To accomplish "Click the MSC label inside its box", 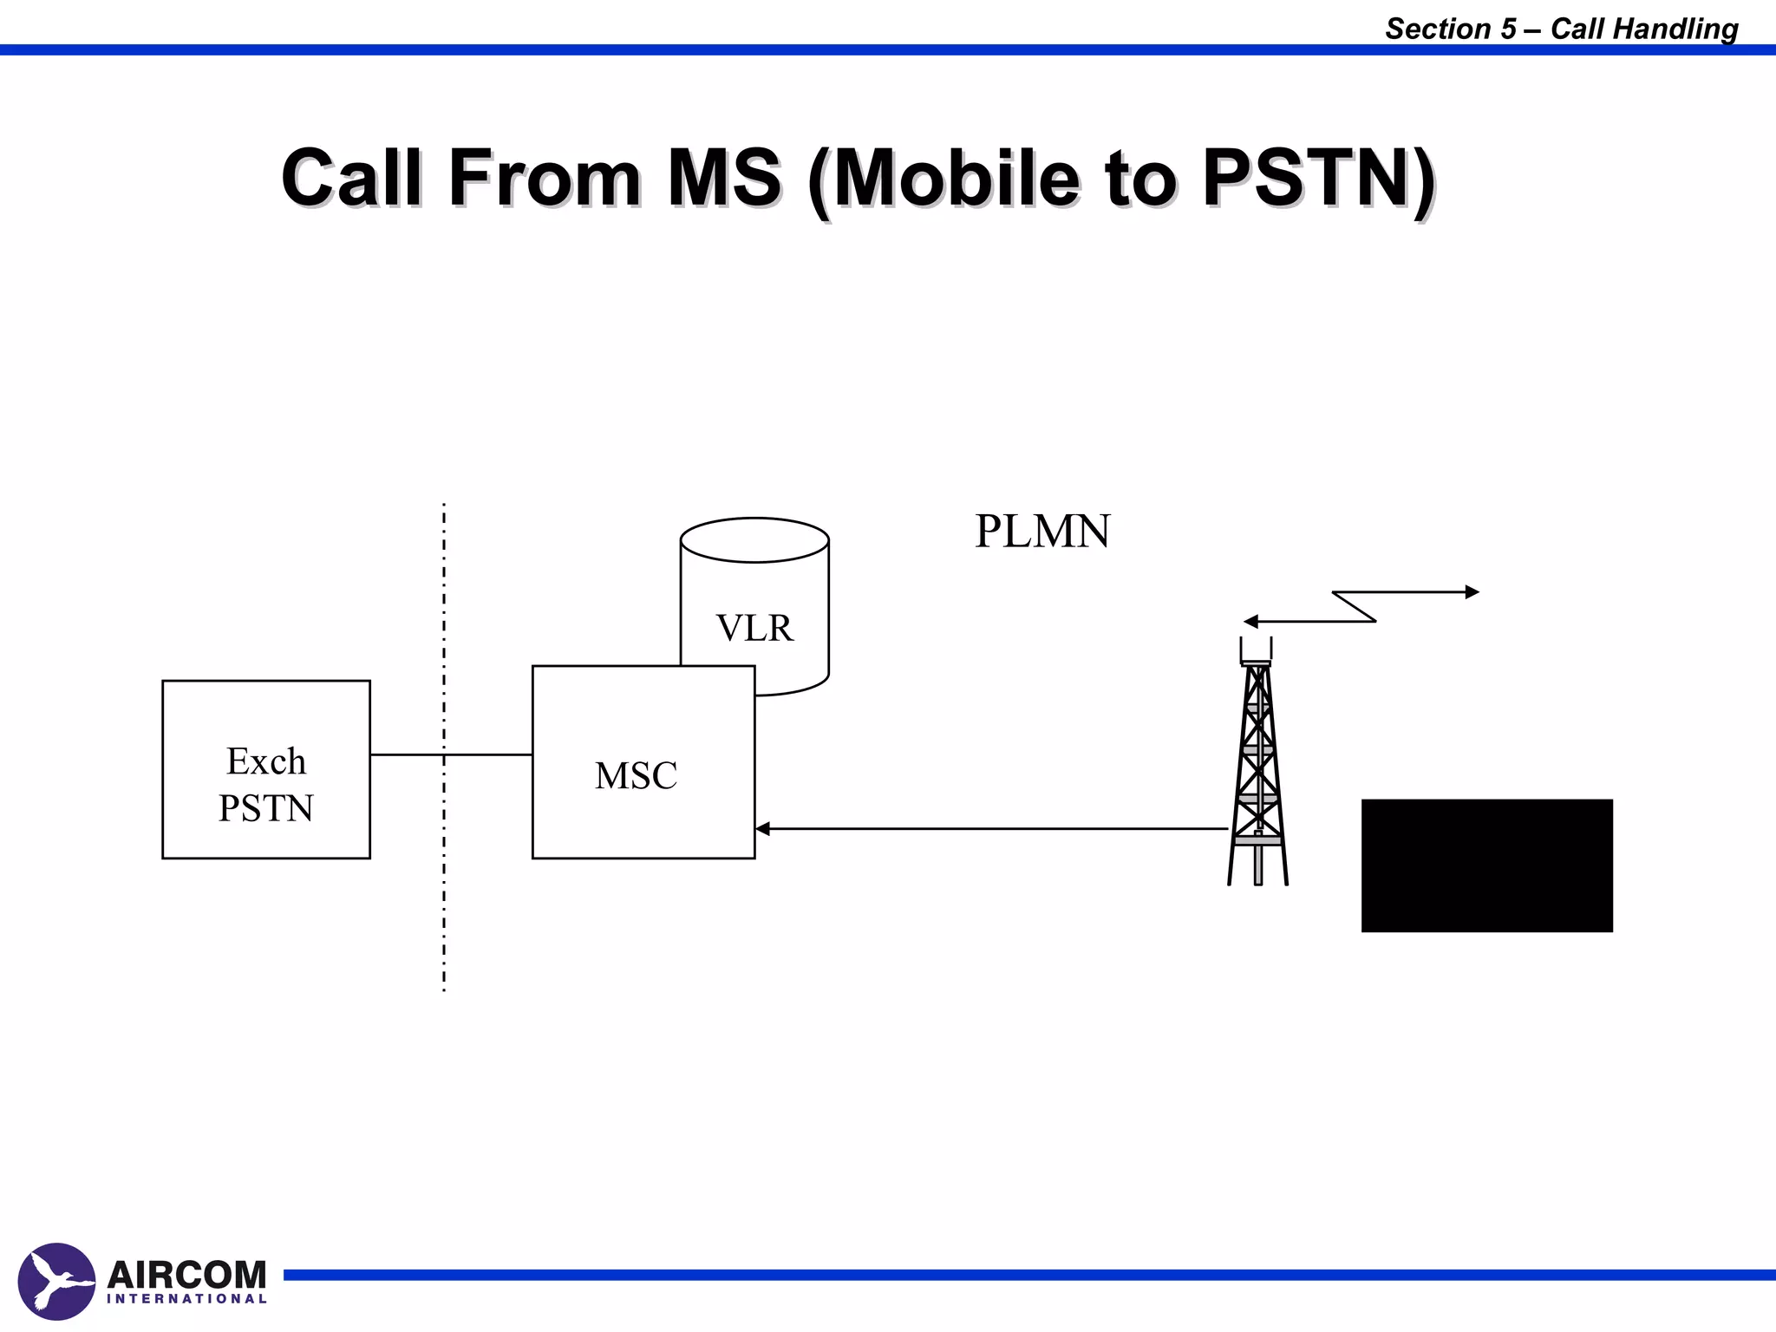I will pyautogui.click(x=636, y=776).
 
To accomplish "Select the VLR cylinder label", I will pyautogui.click(x=754, y=628).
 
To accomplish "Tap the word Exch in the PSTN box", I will pyautogui.click(x=266, y=761).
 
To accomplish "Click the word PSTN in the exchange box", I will pyautogui.click(x=265, y=808).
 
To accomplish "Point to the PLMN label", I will pyautogui.click(x=1042, y=532).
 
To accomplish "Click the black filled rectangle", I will pyautogui.click(x=1486, y=865).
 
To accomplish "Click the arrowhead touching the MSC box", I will pyautogui.click(x=762, y=829).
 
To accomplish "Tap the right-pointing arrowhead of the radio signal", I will pyautogui.click(x=1472, y=592).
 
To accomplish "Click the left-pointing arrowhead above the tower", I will pyautogui.click(x=1250, y=622).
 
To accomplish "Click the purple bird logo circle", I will pyautogui.click(x=56, y=1281).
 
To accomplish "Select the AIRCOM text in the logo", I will pyautogui.click(x=186, y=1275).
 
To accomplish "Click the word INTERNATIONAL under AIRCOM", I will pyautogui.click(x=186, y=1299).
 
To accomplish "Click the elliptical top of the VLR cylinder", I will pyautogui.click(x=754, y=540).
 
